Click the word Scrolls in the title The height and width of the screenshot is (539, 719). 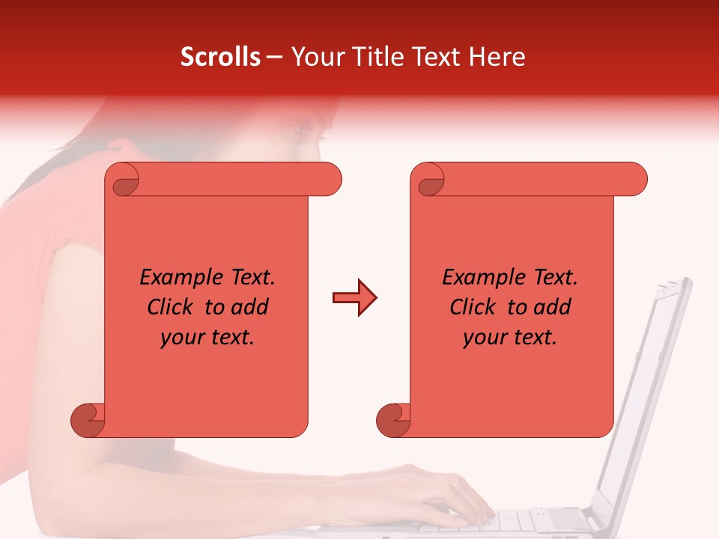pos(220,57)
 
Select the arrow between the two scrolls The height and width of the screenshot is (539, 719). pos(354,298)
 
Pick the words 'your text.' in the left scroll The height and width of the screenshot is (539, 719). pos(207,337)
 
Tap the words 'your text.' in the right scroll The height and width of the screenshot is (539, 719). pos(510,337)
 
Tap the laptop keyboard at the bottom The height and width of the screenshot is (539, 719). pos(524,520)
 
